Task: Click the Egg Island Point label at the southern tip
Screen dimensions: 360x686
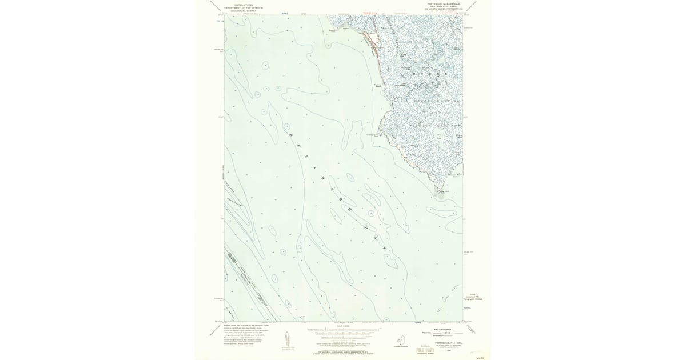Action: click(441, 191)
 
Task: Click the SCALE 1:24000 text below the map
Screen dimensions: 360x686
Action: click(343, 326)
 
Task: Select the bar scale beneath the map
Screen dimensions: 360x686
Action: click(343, 331)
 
